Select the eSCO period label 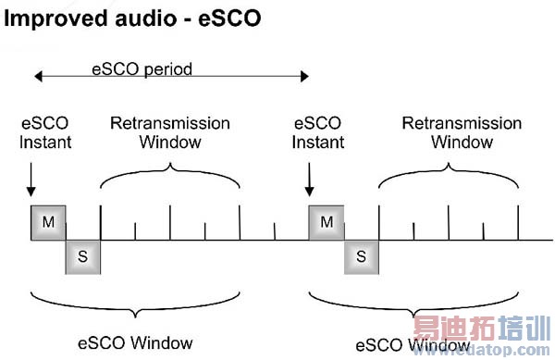pos(142,68)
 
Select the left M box pos(47,223)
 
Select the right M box pos(326,223)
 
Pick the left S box pos(82,256)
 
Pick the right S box pos(362,256)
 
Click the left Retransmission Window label pos(169,131)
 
